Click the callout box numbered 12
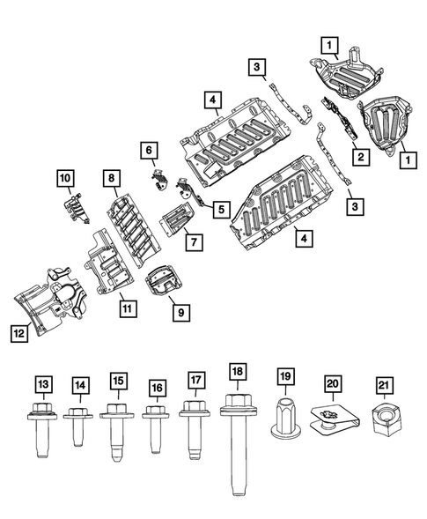click(x=18, y=332)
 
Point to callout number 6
click(x=149, y=151)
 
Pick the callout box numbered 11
click(x=128, y=308)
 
